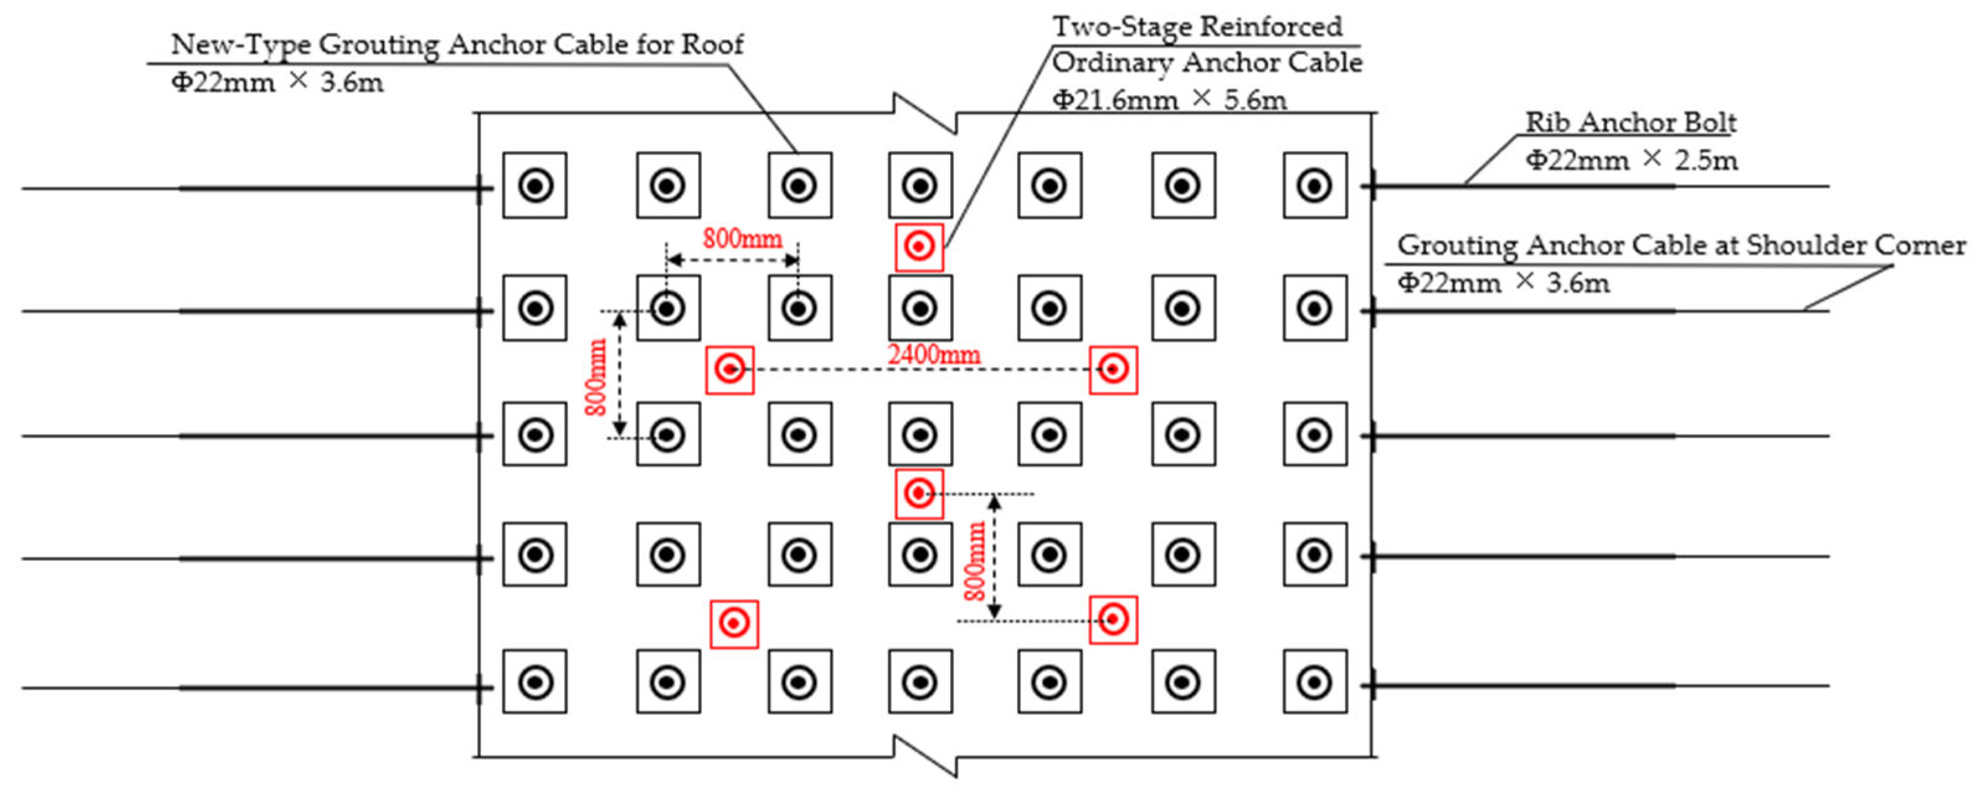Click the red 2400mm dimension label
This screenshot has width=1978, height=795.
point(933,354)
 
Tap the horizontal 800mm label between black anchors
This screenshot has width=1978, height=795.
point(742,238)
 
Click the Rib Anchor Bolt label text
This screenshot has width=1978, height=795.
point(1630,122)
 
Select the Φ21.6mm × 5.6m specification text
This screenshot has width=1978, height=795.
point(1169,100)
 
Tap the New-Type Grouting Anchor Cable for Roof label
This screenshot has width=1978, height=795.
point(457,45)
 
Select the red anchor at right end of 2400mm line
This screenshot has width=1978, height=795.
point(1113,369)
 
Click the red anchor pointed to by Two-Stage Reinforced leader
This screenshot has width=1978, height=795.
point(919,246)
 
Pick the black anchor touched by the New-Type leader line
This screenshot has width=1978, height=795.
point(799,185)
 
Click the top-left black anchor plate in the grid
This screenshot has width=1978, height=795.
point(535,185)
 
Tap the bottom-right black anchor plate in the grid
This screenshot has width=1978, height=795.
point(1315,681)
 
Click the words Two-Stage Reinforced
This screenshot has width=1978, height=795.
point(1197,27)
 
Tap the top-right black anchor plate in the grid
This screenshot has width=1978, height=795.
point(1315,185)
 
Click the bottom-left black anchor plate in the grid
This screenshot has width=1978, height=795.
point(535,681)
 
